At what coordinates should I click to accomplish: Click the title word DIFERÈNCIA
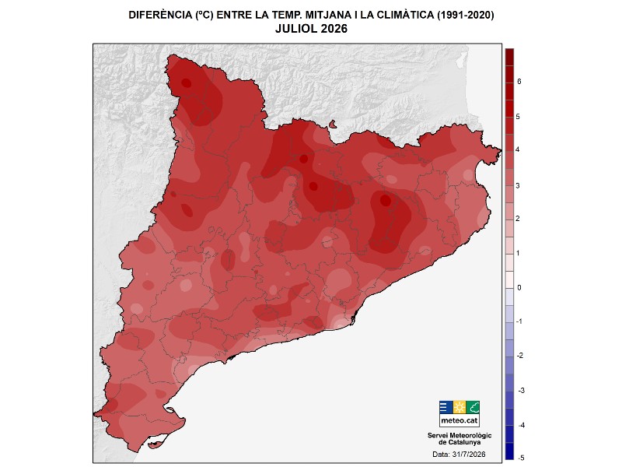coord(160,15)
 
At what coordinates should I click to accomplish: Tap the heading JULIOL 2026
coord(312,29)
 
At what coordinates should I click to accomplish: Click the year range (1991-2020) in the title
coord(465,15)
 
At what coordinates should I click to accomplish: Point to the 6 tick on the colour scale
coord(519,82)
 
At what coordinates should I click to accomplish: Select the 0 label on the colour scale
coord(519,288)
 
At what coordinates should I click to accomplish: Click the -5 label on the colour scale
coord(521,458)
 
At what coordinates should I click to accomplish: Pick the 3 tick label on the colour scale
coord(518,186)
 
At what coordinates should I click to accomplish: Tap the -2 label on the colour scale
coord(520,356)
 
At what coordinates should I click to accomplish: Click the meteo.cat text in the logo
coord(460,420)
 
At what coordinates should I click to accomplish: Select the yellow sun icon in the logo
coord(460,407)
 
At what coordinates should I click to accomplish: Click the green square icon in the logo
coord(473,407)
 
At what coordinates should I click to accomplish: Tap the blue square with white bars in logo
coord(446,407)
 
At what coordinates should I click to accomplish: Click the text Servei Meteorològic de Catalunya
coord(460,439)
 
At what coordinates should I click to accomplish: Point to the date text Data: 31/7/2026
coord(459,455)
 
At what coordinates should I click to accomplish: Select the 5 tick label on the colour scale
coord(518,117)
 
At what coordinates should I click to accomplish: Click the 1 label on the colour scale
coord(518,254)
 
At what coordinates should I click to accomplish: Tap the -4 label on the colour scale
coord(521,425)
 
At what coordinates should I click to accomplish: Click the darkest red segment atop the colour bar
coord(509,57)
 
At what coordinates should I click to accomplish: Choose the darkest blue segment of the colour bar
coord(509,451)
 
